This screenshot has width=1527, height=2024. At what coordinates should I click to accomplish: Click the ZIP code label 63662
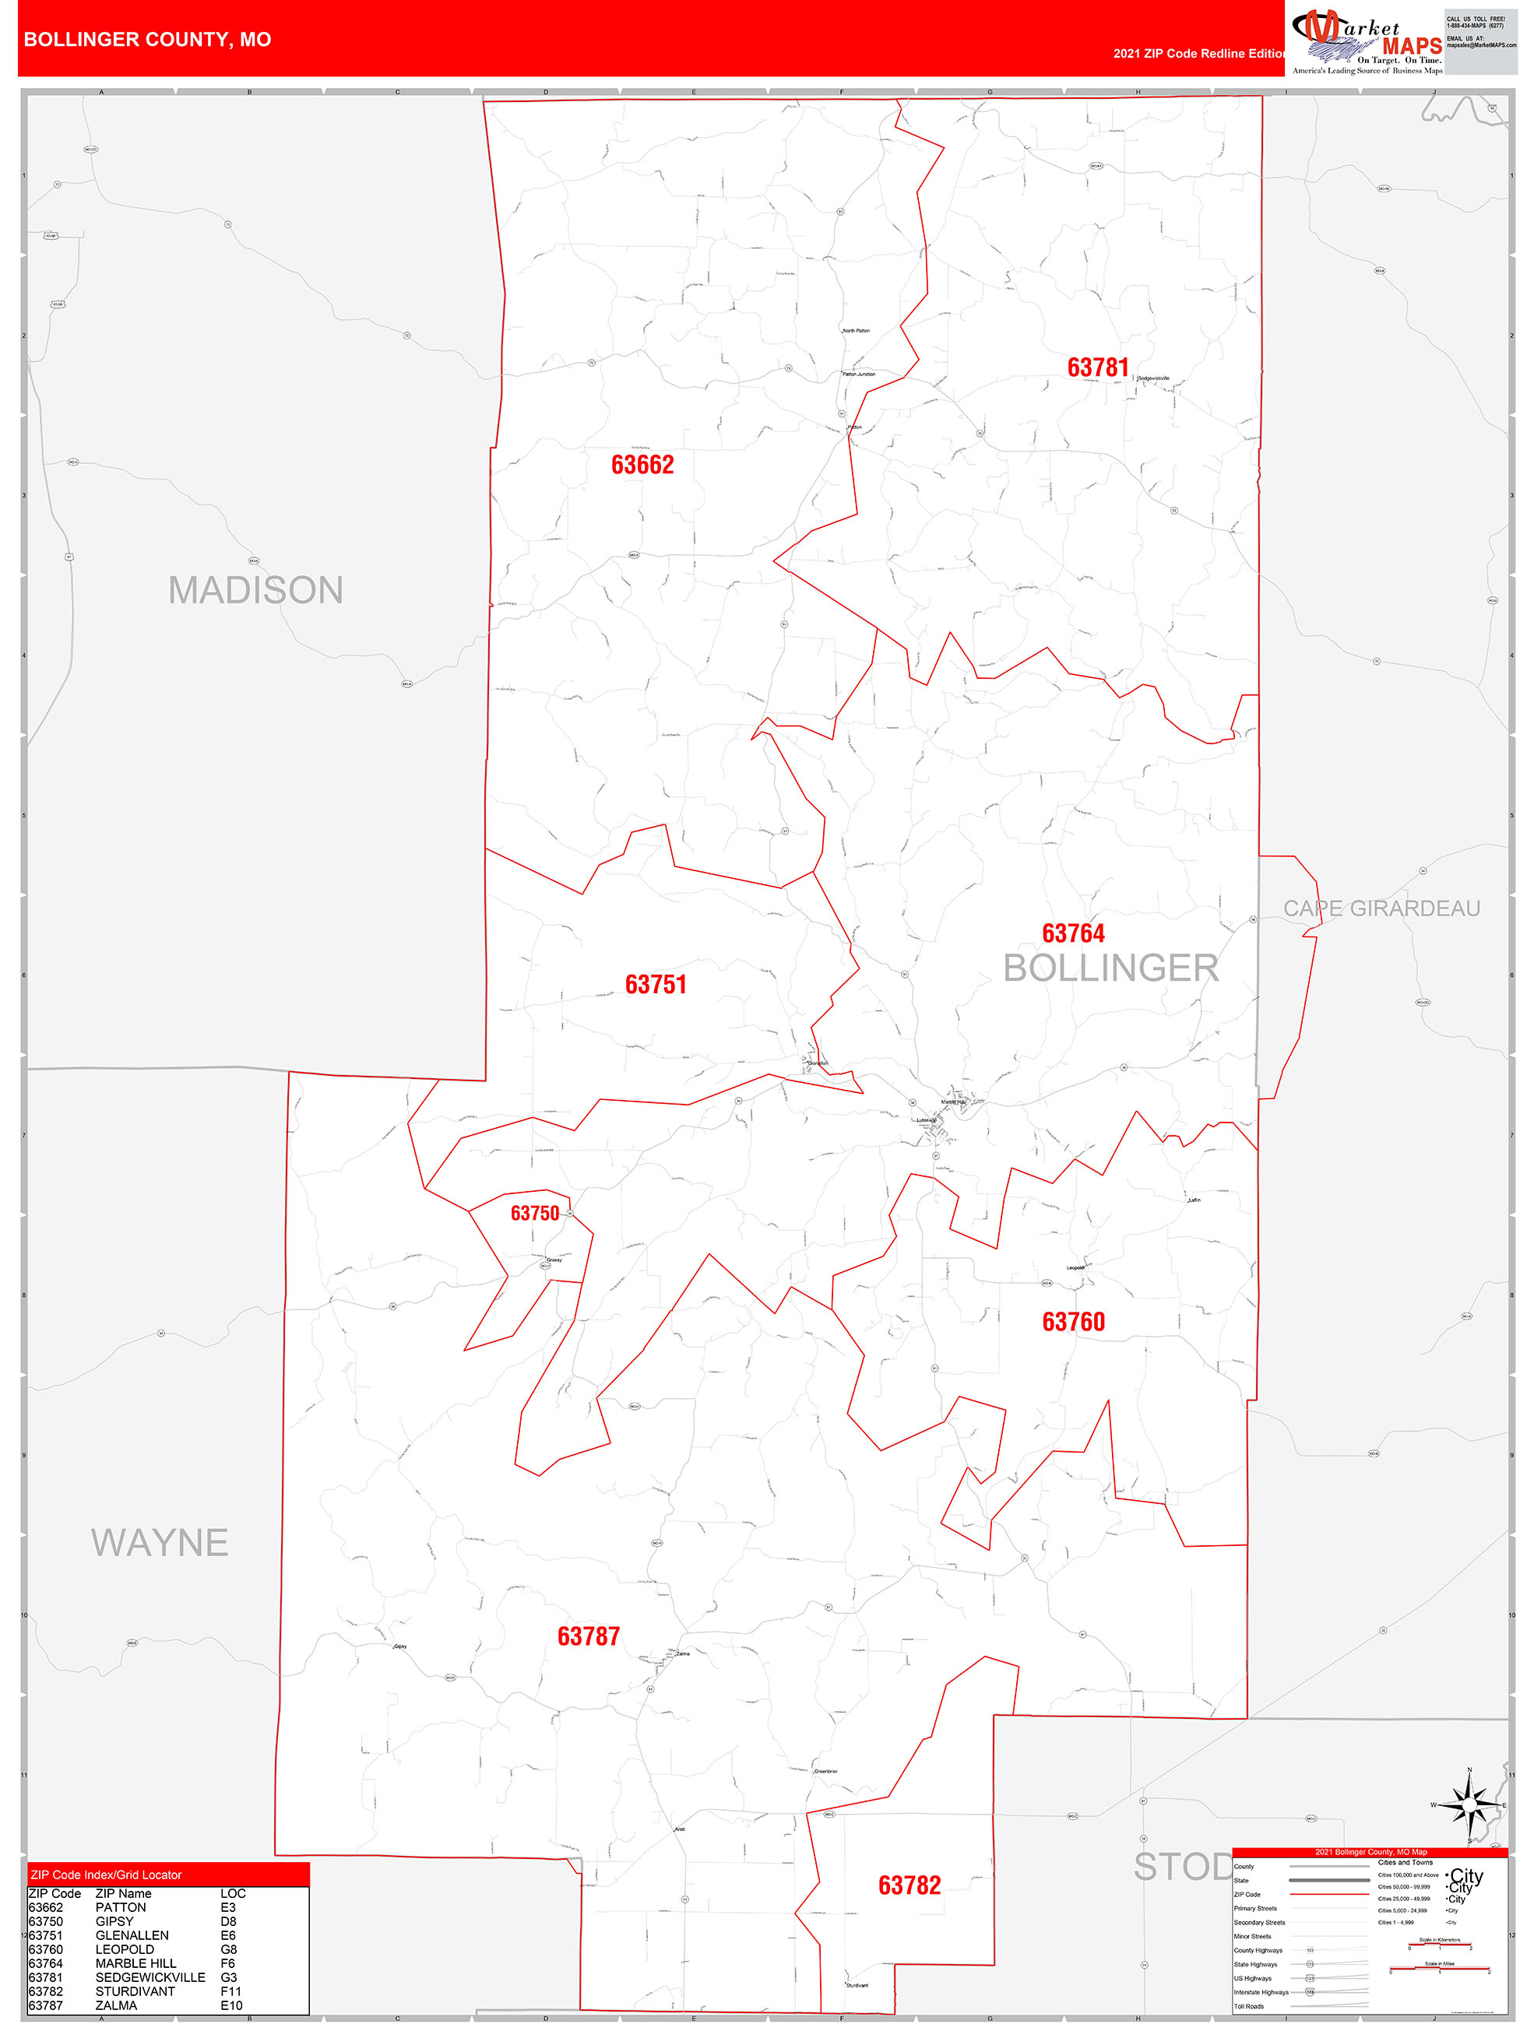642,465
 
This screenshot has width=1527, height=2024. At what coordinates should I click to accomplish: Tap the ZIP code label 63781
1098,368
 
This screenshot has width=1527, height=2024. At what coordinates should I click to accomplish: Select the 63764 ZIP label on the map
1073,933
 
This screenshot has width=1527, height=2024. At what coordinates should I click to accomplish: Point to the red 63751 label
656,985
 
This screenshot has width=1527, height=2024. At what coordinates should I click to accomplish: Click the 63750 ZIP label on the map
535,1214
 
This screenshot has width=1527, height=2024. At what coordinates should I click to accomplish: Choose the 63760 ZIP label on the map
1073,1322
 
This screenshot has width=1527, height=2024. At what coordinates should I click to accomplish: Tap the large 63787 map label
589,1637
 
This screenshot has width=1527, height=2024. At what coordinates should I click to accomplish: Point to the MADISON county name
255,590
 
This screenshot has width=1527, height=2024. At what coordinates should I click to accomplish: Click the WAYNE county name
160,1543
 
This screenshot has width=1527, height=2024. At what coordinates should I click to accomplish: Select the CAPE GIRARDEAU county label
1381,908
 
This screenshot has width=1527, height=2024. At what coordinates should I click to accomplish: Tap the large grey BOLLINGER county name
1110,968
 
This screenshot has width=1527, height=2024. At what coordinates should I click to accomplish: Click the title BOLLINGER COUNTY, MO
147,40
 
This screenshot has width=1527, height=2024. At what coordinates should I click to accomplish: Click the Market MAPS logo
1366,41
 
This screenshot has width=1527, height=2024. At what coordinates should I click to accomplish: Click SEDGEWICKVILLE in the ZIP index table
150,1977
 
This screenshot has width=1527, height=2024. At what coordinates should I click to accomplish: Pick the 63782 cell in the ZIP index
46,1991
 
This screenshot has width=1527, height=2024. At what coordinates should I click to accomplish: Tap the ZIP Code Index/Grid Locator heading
106,1875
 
